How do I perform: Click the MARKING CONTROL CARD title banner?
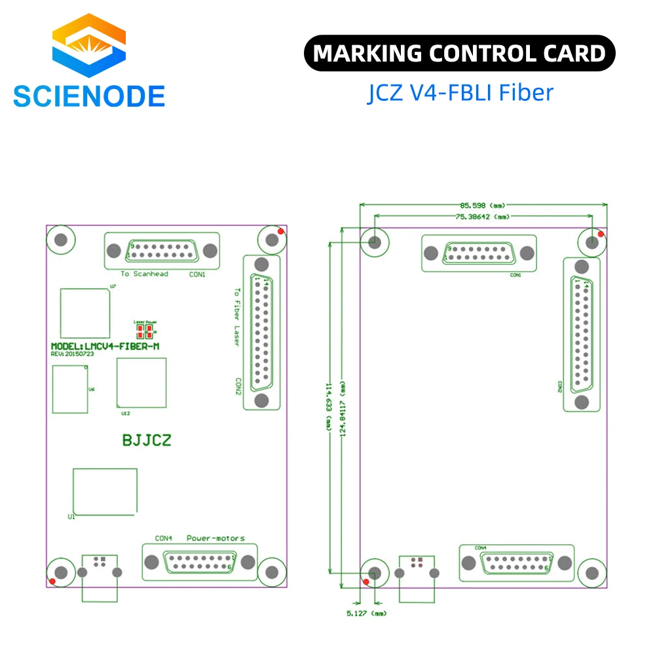(x=459, y=53)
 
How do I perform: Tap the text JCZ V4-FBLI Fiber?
(x=459, y=92)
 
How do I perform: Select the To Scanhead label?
(x=144, y=274)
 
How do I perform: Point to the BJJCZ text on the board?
(x=147, y=440)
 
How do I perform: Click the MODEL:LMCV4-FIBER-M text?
(x=105, y=346)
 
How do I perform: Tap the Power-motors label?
(x=215, y=538)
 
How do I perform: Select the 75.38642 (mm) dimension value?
(x=483, y=215)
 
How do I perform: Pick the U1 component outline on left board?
(x=105, y=491)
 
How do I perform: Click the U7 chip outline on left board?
(x=84, y=312)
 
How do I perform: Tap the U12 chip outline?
(x=141, y=383)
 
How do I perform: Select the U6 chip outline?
(x=69, y=389)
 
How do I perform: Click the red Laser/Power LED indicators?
(x=145, y=331)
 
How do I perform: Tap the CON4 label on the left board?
(x=163, y=538)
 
